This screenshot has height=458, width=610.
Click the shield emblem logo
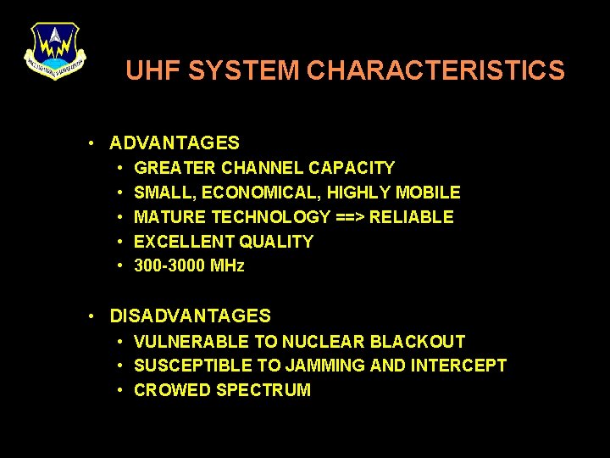coord(54,50)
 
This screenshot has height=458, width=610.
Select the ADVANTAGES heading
coord(175,143)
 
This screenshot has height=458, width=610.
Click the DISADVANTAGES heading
coord(191,316)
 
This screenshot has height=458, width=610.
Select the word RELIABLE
coord(412,217)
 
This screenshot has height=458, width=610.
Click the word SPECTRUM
coord(263,390)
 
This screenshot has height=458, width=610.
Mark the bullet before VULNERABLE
coord(122,342)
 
